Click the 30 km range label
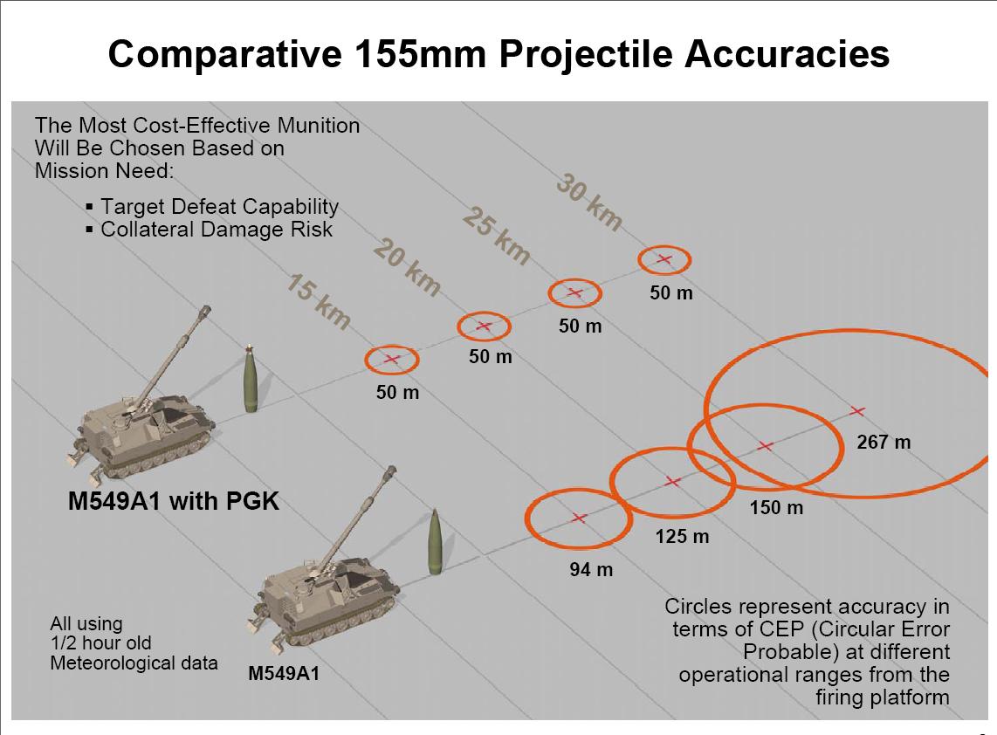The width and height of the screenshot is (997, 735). pos(589,201)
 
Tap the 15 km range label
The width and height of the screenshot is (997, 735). pos(318,301)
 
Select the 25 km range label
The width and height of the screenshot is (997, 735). pos(496,235)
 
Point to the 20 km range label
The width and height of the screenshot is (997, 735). pos(407,267)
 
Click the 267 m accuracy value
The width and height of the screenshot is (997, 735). pos(884,442)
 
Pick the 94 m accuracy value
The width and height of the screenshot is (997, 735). pos(591,570)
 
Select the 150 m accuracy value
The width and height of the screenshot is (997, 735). pos(776,508)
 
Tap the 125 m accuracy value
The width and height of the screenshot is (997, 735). pos(682,537)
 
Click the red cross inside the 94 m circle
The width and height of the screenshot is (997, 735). pos(578,519)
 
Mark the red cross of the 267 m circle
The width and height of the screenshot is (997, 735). pos(857,412)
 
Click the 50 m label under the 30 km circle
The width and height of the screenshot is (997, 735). pos(670,293)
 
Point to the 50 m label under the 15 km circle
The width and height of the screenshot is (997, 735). pos(397,392)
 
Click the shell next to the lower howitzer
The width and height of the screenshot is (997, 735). pos(436,542)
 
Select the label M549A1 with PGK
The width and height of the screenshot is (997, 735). pos(174,502)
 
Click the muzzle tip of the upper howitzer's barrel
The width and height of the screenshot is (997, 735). pos(205,310)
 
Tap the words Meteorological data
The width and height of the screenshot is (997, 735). pos(134,663)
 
